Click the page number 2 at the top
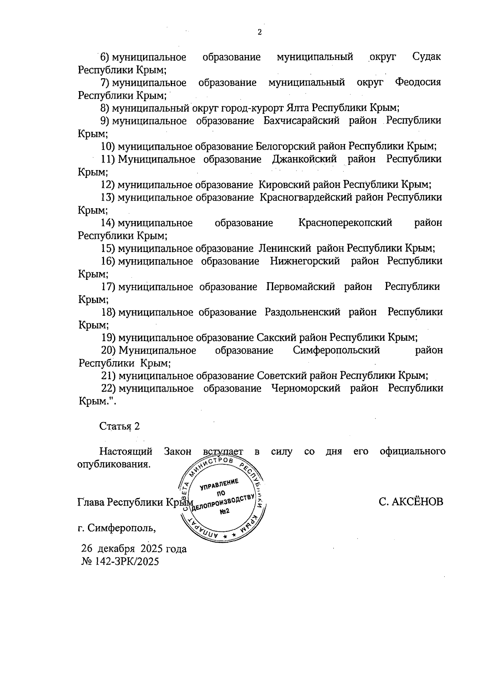tap(259, 33)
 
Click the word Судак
tap(427, 57)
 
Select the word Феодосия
tap(418, 83)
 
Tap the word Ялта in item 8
tap(298, 108)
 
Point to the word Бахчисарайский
tap(301, 121)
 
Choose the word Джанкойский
tap(304, 159)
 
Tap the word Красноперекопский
tap(345, 223)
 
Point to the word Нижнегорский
tap(305, 261)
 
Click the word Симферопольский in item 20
tap(337, 350)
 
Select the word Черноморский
tap(306, 388)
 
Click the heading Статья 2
tap(120, 426)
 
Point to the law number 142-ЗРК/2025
tap(127, 561)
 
